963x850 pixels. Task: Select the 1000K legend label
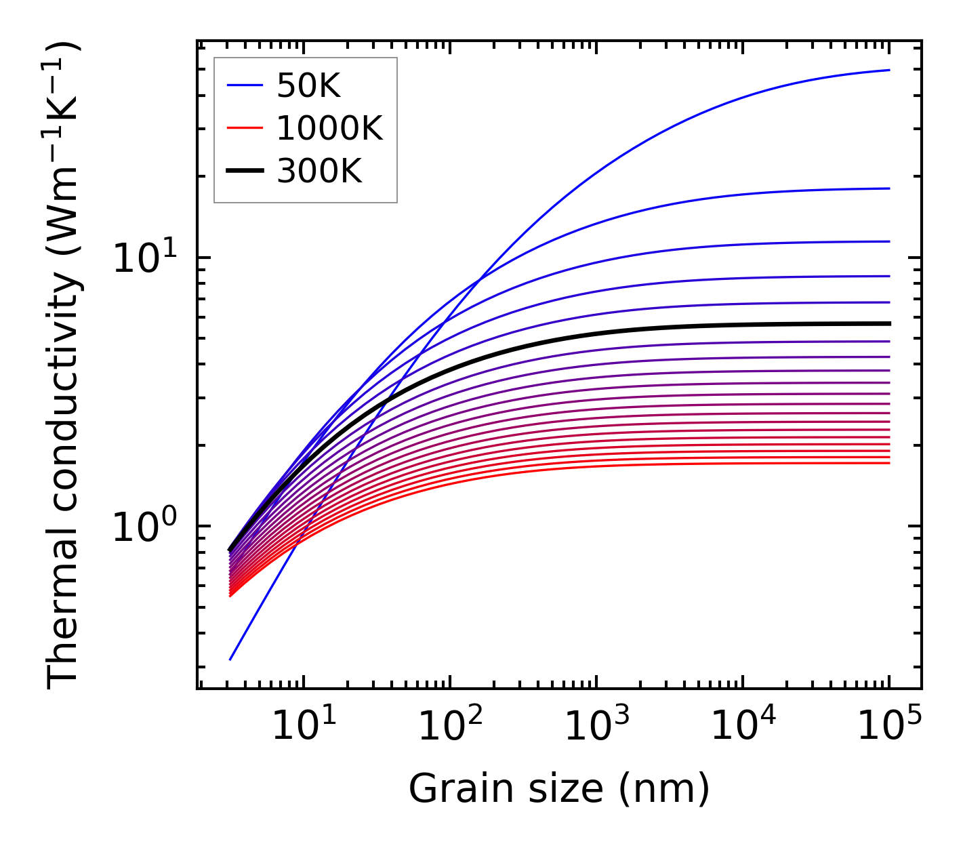pos(330,128)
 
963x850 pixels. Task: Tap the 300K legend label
pos(319,171)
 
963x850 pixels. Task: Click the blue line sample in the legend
pos(245,85)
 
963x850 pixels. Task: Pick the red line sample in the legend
pos(245,128)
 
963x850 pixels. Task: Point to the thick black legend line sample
pos(245,171)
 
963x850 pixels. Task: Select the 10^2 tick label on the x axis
pos(450,727)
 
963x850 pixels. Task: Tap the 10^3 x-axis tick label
pos(596,727)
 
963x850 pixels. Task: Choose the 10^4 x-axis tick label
pos(743,727)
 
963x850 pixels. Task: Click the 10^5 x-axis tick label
pos(889,727)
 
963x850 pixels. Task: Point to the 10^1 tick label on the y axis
pos(144,259)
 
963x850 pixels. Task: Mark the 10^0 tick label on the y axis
pos(144,527)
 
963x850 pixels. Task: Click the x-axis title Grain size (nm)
pos(559,789)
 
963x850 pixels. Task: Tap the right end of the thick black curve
pos(888,323)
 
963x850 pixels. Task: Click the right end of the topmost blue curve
pos(888,70)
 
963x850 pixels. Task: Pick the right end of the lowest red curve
pos(888,463)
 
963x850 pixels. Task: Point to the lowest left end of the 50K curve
pos(230,659)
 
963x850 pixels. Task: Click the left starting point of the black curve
pos(230,550)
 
